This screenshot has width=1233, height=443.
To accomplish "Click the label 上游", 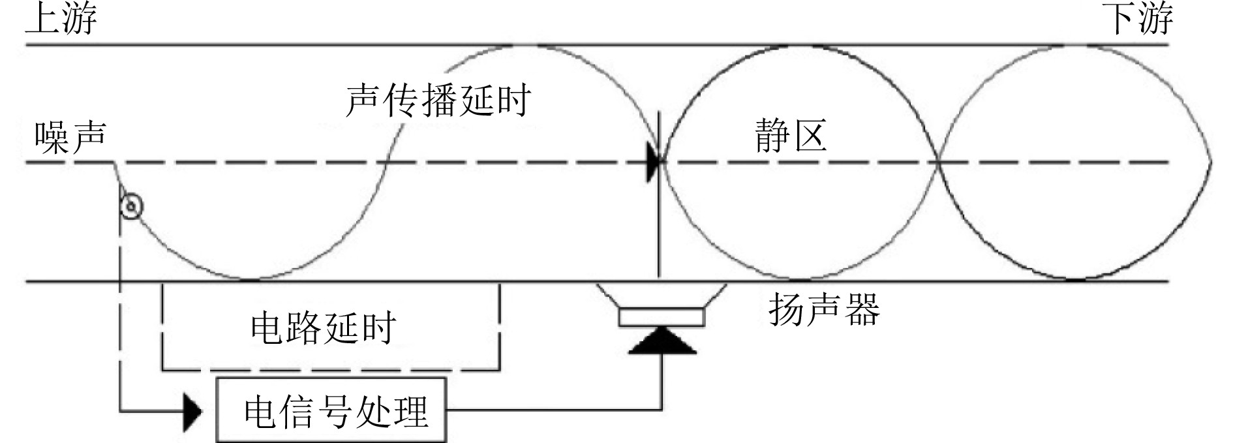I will coord(61,18).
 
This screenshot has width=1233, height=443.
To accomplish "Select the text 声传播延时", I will coord(438,100).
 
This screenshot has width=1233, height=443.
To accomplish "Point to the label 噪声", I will coord(70,138).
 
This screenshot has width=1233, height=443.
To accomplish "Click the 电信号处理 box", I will coord(332,410).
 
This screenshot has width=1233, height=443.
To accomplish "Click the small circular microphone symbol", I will coord(132,207).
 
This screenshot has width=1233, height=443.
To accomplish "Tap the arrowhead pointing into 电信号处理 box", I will coord(192,412).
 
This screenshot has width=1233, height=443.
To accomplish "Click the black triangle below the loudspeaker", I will coord(662,341).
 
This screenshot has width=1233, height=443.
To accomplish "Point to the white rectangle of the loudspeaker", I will coord(662,316).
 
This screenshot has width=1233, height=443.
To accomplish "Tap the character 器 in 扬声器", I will coord(862,309).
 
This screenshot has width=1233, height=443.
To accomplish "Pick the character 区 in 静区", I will coord(810,136).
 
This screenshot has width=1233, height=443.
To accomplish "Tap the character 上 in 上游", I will coord(43,18).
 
